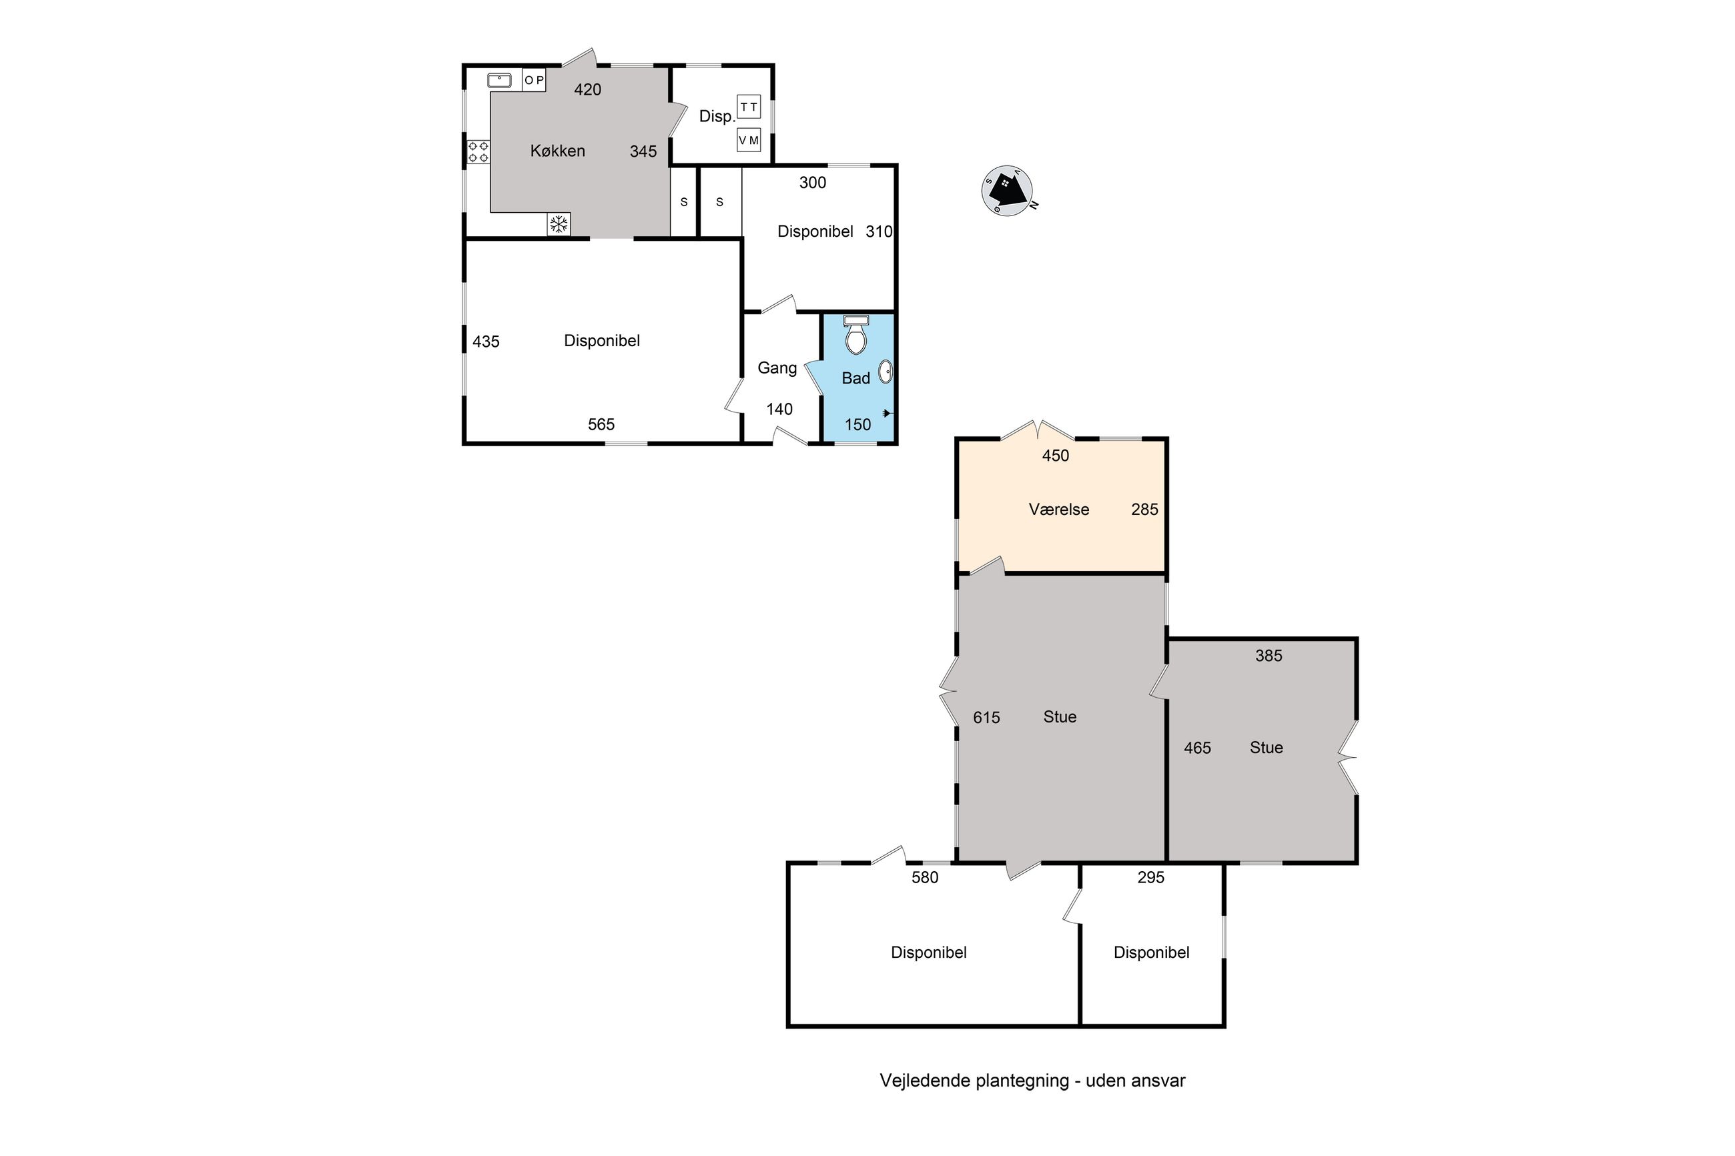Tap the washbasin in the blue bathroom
point(886,372)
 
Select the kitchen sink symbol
point(499,79)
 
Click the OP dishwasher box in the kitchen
point(534,79)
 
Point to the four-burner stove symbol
point(478,152)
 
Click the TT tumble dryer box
point(749,107)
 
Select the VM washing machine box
point(749,140)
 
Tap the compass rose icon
point(1007,191)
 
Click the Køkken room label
point(557,151)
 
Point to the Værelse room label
point(1059,510)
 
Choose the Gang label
point(777,368)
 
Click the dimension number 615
point(986,717)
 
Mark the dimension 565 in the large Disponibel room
point(601,425)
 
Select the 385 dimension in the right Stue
point(1269,656)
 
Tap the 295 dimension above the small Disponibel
point(1150,877)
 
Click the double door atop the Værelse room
point(1037,430)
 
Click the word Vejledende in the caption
point(926,1081)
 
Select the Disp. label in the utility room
point(717,117)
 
